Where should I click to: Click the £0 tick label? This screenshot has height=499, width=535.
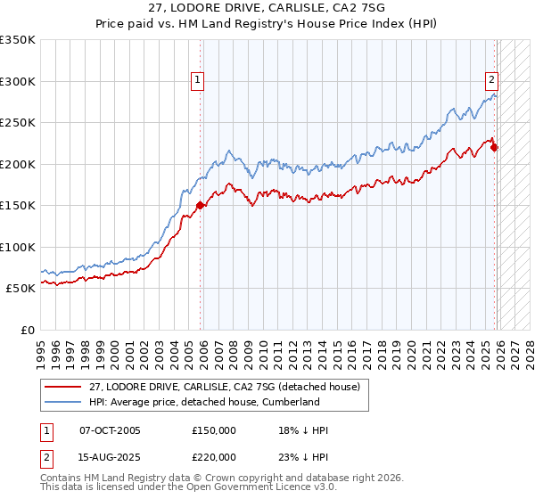point(27,330)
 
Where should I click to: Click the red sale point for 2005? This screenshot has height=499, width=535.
point(200,205)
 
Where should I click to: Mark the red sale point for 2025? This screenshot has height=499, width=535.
point(495,148)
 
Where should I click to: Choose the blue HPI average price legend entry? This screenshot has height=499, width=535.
point(204,402)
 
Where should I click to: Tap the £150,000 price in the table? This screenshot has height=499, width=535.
point(214,430)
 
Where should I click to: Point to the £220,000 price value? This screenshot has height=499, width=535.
point(214,456)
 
